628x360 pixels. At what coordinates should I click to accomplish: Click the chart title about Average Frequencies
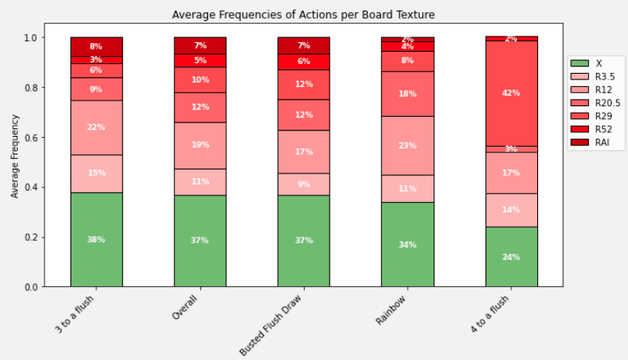304,15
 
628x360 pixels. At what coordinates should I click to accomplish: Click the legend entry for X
597,62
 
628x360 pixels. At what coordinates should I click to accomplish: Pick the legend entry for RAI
600,142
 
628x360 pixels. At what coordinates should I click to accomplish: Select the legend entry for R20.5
604,102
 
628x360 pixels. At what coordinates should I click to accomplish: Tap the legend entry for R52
601,129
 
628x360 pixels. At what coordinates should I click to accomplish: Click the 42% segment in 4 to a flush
511,93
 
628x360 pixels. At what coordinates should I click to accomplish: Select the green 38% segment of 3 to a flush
96,239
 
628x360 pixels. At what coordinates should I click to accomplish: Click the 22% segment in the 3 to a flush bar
96,127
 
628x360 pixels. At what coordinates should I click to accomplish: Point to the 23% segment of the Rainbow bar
408,145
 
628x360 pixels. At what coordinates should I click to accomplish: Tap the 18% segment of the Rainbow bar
408,94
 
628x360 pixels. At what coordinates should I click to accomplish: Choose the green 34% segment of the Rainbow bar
408,244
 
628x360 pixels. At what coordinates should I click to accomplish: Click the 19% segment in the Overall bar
200,145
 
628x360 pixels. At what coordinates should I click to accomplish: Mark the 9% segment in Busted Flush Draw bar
304,184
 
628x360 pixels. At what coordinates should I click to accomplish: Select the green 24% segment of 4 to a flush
511,257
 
